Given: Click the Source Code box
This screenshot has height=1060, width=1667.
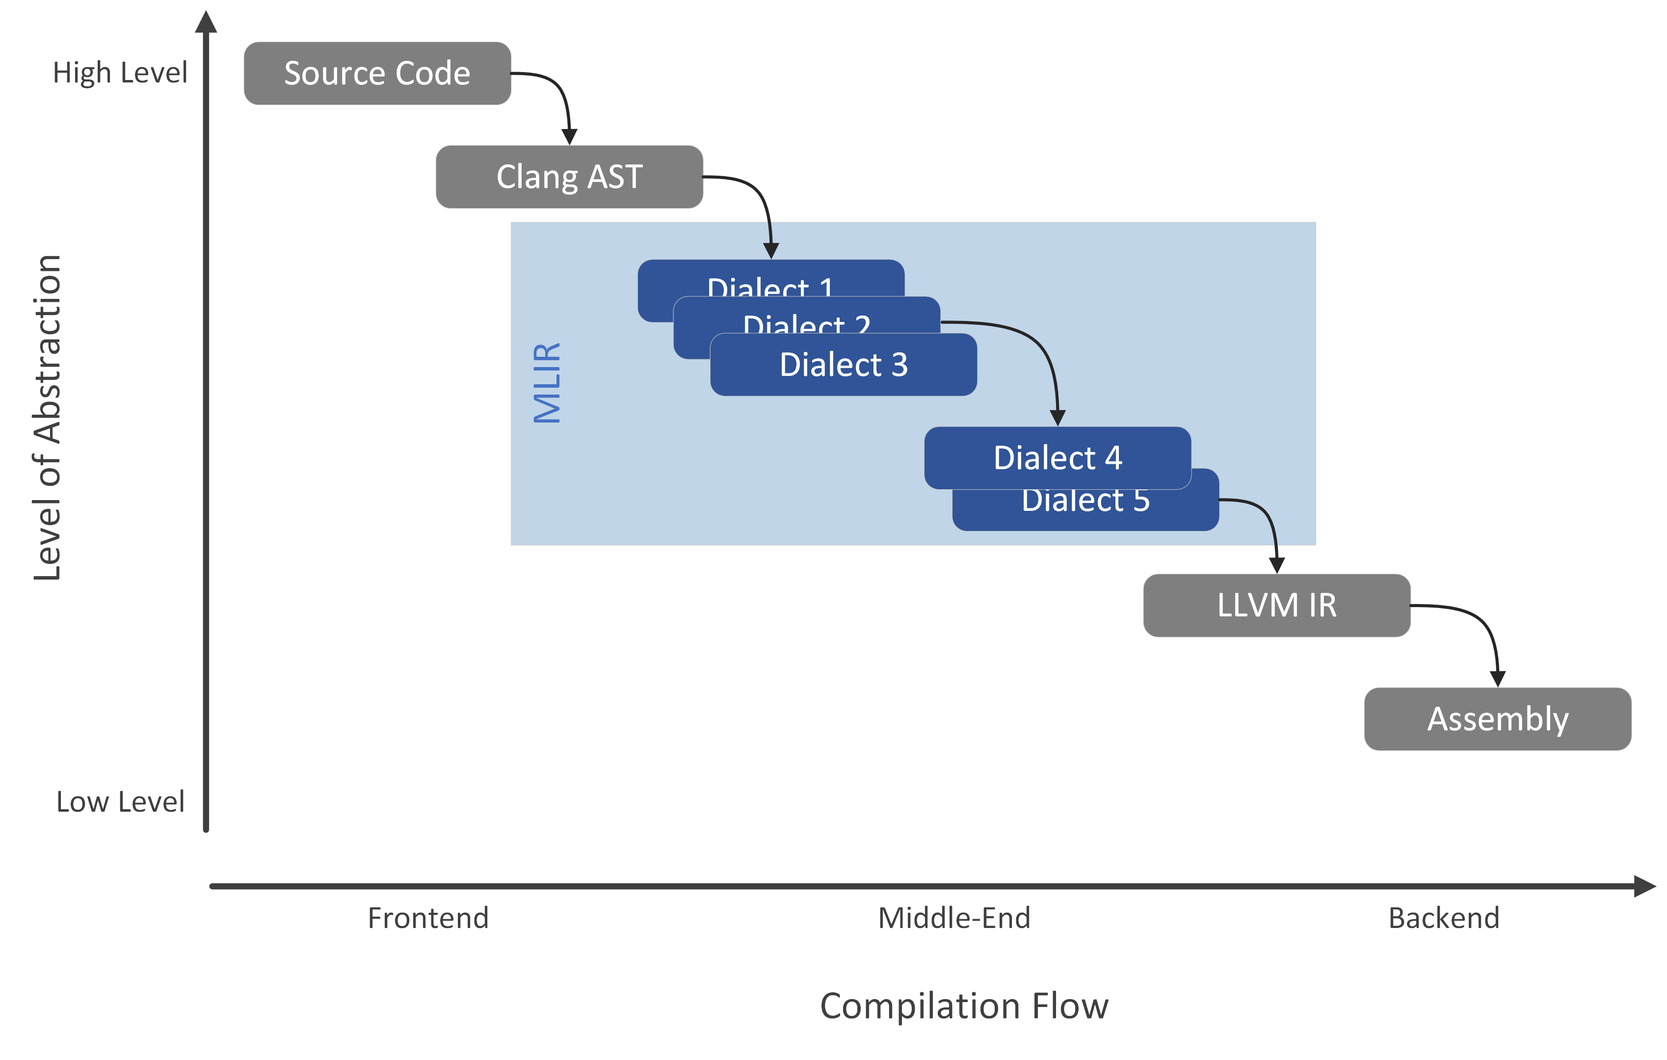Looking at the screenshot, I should point(377,74).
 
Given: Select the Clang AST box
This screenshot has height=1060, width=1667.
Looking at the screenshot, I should point(569,177).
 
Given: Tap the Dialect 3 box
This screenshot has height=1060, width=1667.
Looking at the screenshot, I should point(843,365).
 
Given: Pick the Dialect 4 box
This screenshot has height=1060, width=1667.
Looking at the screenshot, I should point(1057,458).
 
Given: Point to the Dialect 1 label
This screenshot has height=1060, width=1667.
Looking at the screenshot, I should point(770,285).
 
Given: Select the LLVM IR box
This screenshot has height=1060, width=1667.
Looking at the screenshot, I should point(1276,605).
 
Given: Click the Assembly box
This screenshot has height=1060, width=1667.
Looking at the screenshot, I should point(1497,718).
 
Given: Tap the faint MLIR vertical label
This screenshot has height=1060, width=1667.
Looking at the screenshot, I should point(547,382).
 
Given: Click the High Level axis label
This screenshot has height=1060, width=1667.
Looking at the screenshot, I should point(120,73).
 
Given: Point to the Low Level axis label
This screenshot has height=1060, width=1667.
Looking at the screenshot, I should point(120,802).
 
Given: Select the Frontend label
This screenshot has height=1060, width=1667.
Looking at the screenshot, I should point(428,918).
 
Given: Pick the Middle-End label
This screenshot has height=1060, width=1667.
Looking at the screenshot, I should point(954,918).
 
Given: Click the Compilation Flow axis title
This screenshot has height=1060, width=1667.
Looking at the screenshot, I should point(964,1006).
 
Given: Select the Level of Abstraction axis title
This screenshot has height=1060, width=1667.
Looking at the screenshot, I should point(47,418).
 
